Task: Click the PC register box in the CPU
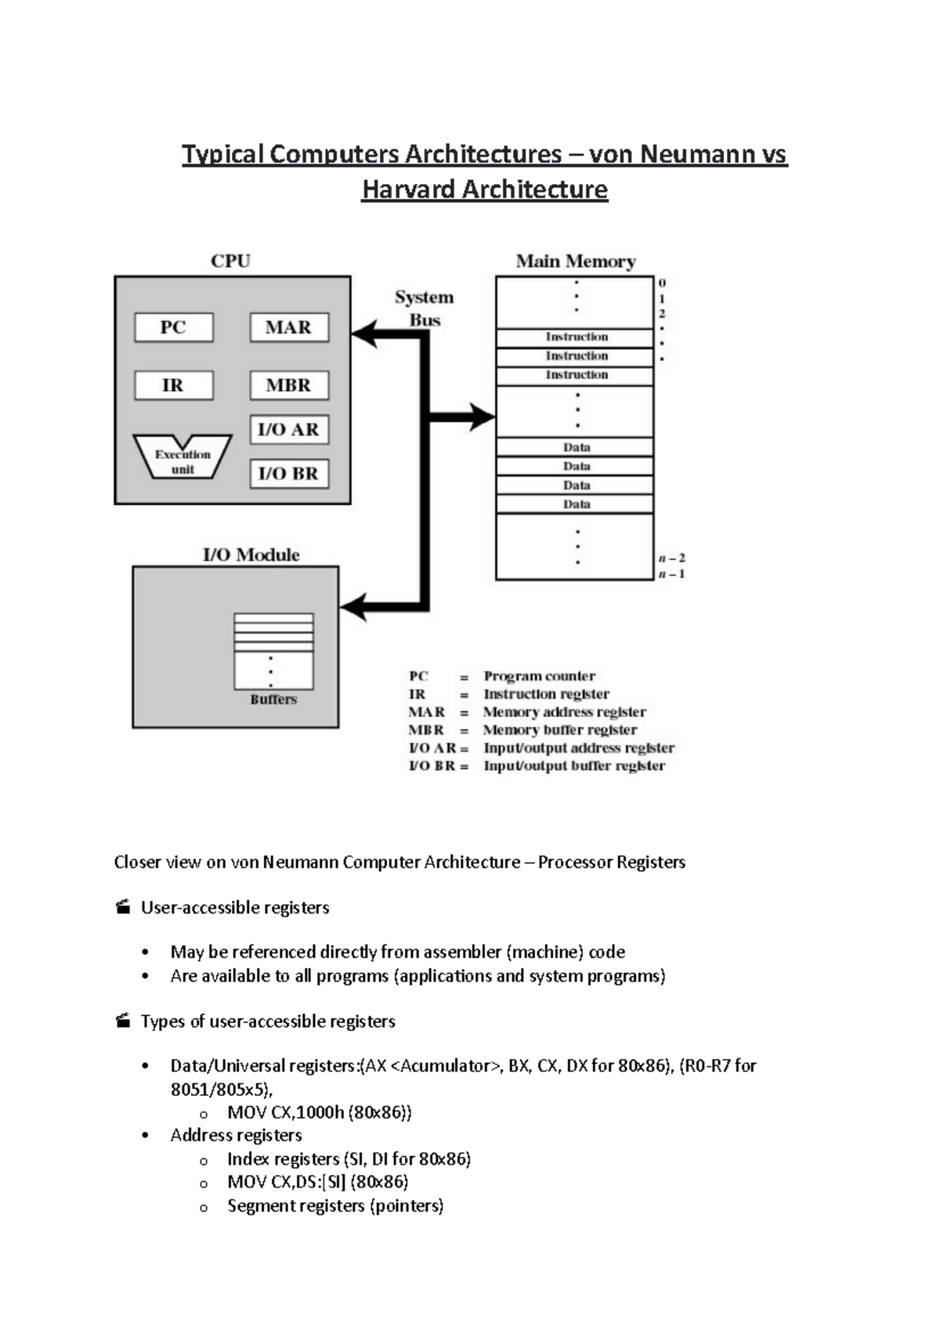click(x=173, y=327)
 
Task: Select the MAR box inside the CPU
click(x=288, y=327)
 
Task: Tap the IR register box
click(x=173, y=385)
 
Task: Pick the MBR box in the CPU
click(x=288, y=385)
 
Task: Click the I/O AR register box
click(x=288, y=429)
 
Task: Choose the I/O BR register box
click(x=288, y=474)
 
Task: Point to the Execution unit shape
click(x=183, y=457)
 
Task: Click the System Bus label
click(x=424, y=309)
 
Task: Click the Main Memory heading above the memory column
click(x=575, y=262)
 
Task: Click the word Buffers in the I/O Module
click(x=273, y=699)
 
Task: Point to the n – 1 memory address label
click(x=671, y=574)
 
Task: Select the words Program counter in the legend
click(x=539, y=676)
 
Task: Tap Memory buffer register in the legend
click(x=559, y=730)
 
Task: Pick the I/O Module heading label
click(x=251, y=555)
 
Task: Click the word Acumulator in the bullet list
click(x=449, y=1066)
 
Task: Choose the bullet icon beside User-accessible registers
click(x=123, y=907)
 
